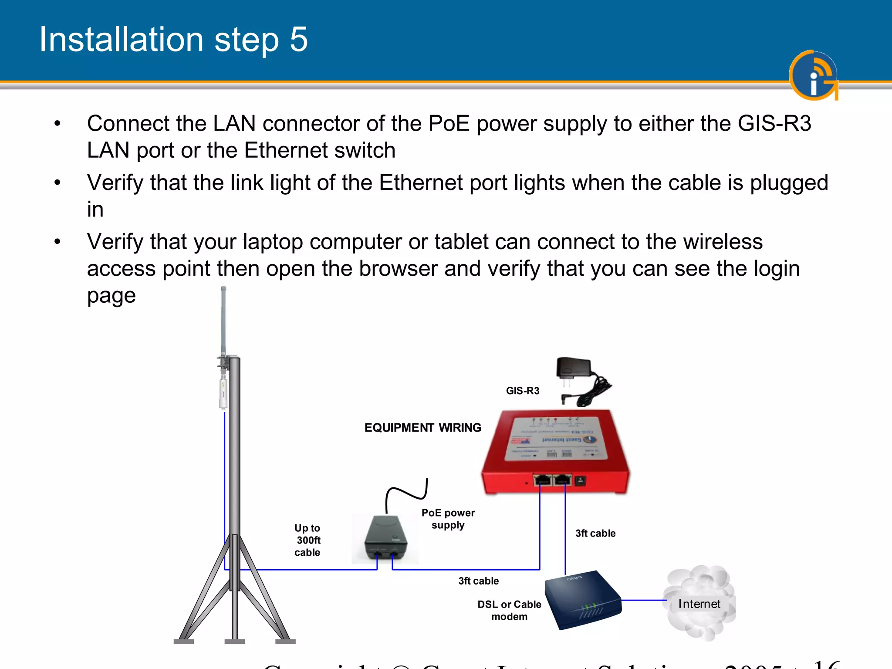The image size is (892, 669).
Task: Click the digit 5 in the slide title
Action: click(299, 40)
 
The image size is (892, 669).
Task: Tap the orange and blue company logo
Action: click(813, 75)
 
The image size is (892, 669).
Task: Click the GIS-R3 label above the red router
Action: click(522, 391)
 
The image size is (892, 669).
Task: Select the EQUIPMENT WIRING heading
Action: click(422, 428)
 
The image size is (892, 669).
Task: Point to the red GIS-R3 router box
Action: click(555, 453)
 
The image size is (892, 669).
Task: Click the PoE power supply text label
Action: click(448, 519)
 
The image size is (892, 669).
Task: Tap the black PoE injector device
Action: click(386, 539)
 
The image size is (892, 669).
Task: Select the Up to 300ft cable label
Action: click(307, 540)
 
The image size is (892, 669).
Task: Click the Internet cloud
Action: click(699, 604)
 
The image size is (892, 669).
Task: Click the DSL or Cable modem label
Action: click(509, 610)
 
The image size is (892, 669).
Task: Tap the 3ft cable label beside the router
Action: click(595, 533)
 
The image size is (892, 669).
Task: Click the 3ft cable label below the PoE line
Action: click(478, 581)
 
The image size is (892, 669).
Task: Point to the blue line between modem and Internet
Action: click(644, 600)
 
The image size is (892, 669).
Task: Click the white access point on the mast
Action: click(223, 393)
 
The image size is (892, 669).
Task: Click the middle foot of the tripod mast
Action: click(234, 641)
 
